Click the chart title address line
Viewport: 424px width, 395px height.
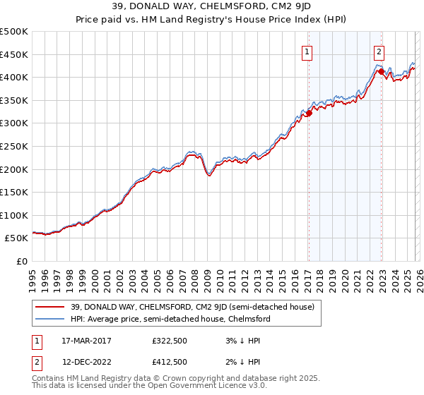coord(212,6)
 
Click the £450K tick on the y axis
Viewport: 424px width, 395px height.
coord(14,54)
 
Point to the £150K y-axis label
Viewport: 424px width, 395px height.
coord(14,192)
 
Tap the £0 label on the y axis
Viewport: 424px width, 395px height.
coord(21,261)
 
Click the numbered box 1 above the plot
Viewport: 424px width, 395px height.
coord(308,51)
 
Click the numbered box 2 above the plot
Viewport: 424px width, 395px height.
coord(379,51)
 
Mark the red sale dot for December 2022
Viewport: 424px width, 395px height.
coord(381,71)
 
